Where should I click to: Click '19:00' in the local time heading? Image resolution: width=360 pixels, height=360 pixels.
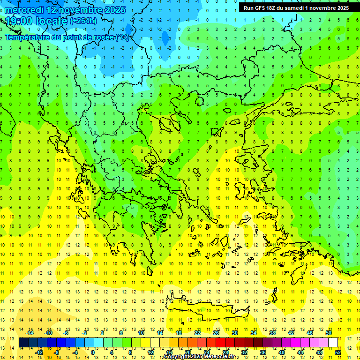[x=19, y=21]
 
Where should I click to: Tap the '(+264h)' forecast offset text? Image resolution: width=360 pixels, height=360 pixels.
[x=83, y=21]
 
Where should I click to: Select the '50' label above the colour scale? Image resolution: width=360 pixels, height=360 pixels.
[x=329, y=333]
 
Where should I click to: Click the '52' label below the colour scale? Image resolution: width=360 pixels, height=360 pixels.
[x=338, y=352]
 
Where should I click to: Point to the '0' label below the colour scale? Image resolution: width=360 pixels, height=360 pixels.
[x=93, y=352]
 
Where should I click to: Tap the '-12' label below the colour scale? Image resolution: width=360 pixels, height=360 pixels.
[x=39, y=352]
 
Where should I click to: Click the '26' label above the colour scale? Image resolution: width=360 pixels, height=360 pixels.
[x=216, y=333]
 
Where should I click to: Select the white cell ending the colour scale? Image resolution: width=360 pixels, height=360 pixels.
[x=333, y=343]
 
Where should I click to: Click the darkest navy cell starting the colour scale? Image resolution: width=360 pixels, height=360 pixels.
[x=23, y=343]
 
